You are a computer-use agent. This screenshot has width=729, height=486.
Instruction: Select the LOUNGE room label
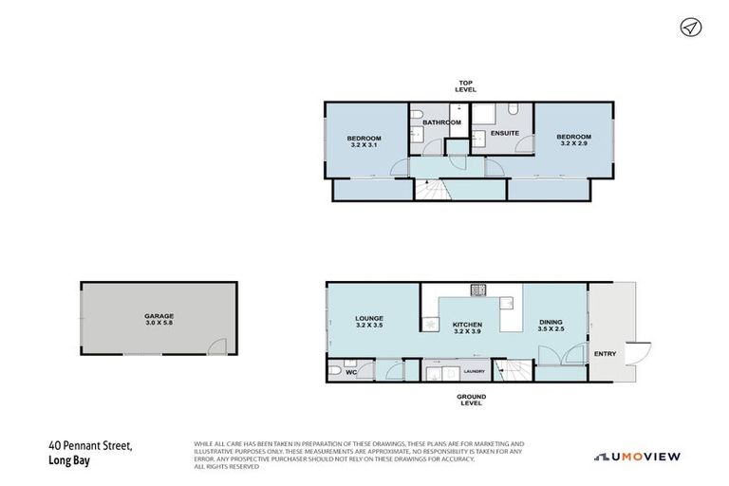368,319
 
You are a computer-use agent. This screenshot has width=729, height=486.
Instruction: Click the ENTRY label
604,354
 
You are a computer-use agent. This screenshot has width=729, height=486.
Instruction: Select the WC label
350,372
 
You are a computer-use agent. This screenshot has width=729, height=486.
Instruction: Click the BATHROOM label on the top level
441,122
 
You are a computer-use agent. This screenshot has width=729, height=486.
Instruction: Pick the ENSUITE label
505,133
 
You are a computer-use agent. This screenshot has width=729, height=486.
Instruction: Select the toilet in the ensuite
511,109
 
